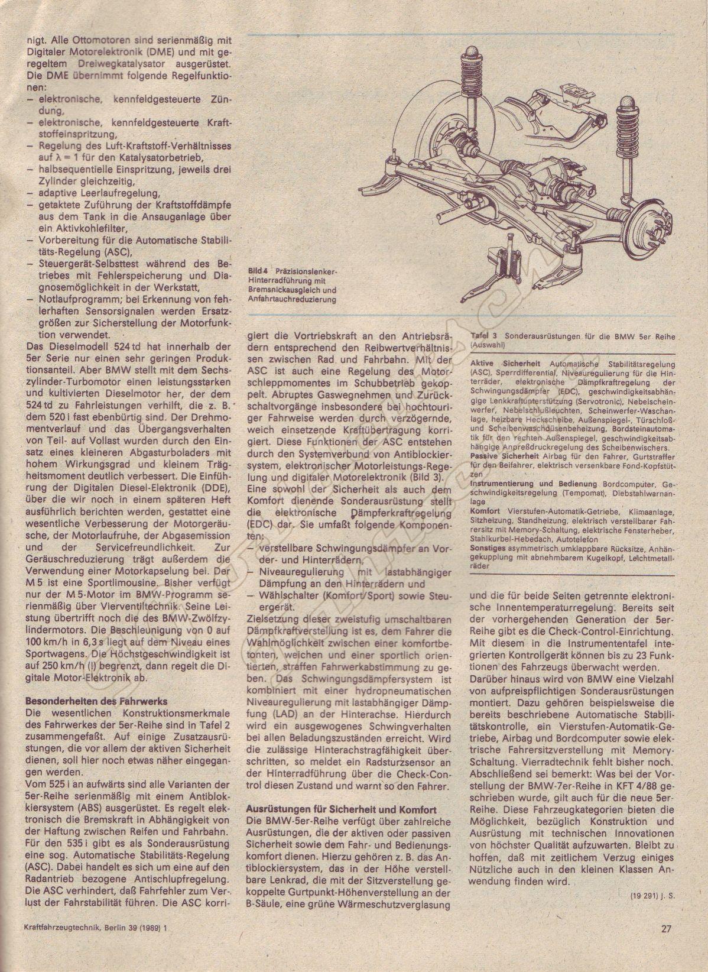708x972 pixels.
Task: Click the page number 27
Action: pos(666,945)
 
